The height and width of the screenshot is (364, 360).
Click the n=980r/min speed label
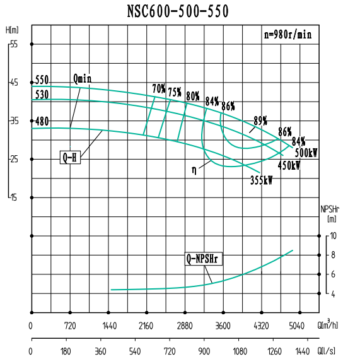click(287, 35)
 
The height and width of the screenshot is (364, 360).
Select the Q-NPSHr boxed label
click(205, 258)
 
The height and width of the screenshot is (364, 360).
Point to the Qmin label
click(83, 78)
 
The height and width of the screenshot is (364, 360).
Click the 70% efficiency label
click(158, 88)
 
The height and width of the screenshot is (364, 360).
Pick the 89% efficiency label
click(260, 120)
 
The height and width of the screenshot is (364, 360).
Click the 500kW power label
click(306, 153)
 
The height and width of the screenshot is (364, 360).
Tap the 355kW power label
click(262, 180)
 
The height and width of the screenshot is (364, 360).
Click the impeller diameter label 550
click(42, 80)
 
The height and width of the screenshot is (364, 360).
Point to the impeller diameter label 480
click(42, 121)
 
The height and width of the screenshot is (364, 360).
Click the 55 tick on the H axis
click(14, 44)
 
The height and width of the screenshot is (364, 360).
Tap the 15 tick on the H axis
click(14, 197)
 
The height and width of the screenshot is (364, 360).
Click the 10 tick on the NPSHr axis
click(334, 235)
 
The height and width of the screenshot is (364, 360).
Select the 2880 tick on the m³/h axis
click(185, 326)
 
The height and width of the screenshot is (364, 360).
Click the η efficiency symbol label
click(194, 169)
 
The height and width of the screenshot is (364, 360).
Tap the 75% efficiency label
click(175, 92)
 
